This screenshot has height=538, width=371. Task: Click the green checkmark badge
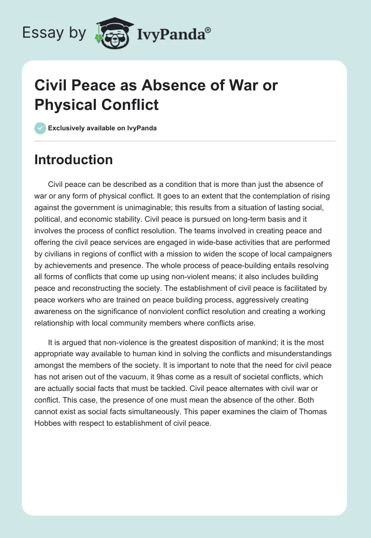40,128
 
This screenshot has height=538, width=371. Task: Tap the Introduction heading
74,160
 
